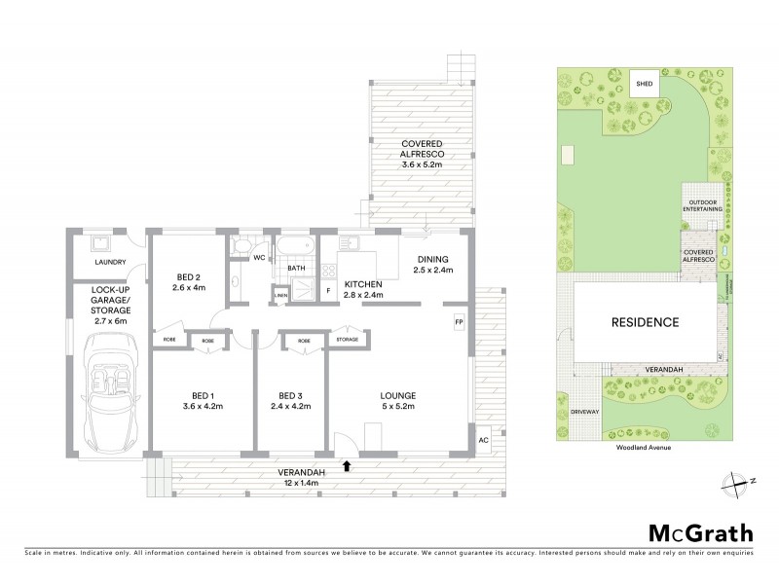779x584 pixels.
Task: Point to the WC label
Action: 259,258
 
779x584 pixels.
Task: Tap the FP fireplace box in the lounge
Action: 459,321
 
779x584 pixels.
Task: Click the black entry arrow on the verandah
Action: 347,466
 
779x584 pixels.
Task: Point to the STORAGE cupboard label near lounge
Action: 349,341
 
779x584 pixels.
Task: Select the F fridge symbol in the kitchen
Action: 328,289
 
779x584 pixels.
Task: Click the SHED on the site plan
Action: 644,85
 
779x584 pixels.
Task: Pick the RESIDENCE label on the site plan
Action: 644,321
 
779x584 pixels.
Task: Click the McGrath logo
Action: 700,532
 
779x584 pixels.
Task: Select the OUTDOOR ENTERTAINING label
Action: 700,206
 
